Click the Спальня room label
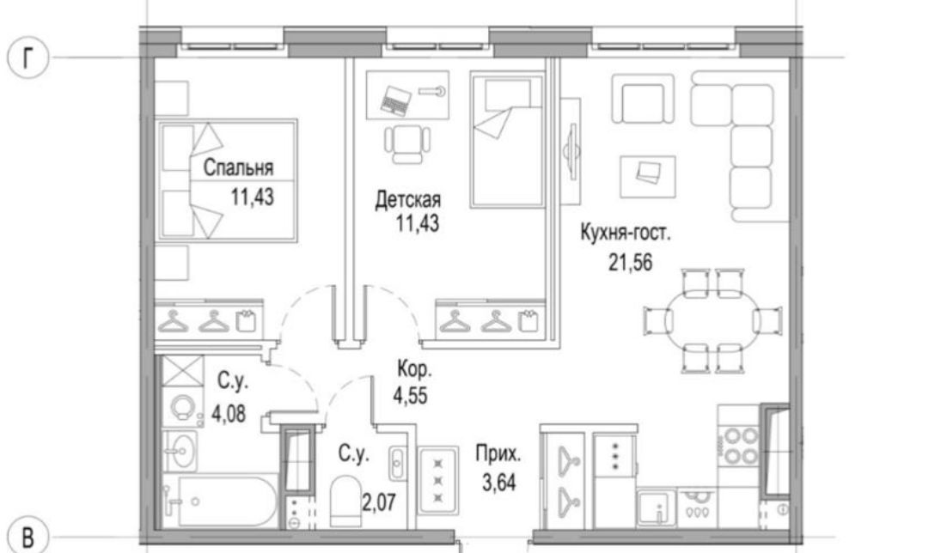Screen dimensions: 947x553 [238, 167]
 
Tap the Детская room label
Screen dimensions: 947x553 [408, 198]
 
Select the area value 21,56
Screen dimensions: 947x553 [631, 263]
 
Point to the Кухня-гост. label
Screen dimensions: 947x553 [625, 233]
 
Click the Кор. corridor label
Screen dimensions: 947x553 [414, 368]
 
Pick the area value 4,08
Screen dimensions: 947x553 [229, 414]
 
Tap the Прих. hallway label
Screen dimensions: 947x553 [498, 453]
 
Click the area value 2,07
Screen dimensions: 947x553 [379, 501]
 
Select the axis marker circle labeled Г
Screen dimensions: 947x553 [27, 58]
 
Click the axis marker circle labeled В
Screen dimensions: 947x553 [27, 536]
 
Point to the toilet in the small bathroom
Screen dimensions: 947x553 [345, 501]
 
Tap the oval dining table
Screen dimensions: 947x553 [712, 319]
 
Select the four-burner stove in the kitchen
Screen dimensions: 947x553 [741, 447]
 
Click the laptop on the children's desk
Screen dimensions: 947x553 [395, 100]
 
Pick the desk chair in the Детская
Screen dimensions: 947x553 [407, 143]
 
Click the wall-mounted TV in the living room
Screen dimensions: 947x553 [570, 149]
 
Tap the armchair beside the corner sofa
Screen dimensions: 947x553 [643, 99]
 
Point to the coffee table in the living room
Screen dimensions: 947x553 [647, 176]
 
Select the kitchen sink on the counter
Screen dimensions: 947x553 [657, 507]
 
